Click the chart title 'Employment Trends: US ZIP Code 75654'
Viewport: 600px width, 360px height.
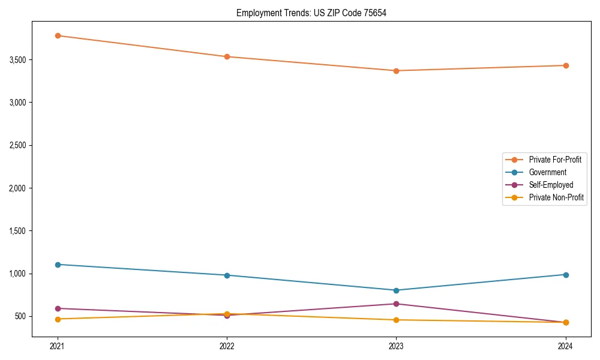pos(311,13)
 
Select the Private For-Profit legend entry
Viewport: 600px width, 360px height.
pos(555,160)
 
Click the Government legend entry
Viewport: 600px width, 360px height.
pos(547,172)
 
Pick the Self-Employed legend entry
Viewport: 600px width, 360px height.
pos(551,185)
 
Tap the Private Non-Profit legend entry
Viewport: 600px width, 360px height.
pos(556,197)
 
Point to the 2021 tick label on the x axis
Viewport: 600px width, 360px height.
pos(58,346)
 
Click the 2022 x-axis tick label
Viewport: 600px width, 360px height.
pos(227,346)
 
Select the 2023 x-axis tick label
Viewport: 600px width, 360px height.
pos(396,346)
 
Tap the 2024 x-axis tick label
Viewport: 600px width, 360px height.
pos(565,346)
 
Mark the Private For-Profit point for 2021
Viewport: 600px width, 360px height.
pos(58,35)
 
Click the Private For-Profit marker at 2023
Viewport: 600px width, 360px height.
pos(396,71)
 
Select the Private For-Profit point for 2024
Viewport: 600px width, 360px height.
pos(565,65)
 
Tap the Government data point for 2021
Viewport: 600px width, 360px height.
pos(58,265)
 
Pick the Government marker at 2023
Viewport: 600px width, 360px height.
pos(396,290)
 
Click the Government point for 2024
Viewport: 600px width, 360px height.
pos(565,275)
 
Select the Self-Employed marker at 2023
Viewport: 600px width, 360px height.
pos(396,304)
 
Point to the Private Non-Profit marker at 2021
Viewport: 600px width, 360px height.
pos(58,319)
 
